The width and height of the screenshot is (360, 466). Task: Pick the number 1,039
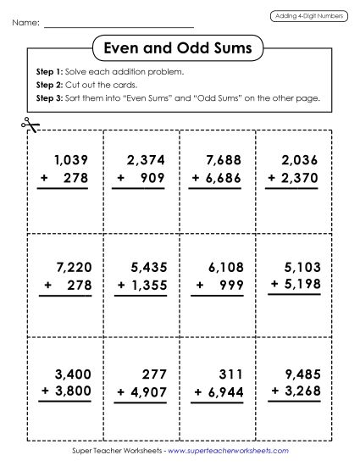point(70,158)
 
